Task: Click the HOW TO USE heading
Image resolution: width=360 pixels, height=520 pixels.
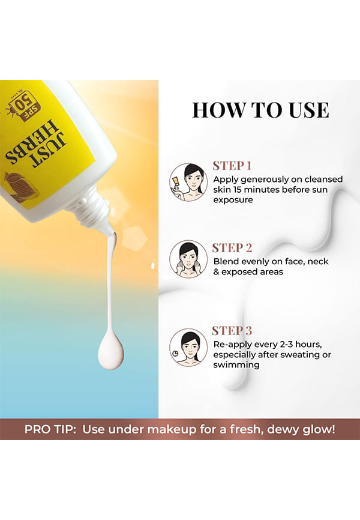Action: click(260, 110)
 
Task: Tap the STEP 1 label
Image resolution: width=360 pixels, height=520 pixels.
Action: click(232, 166)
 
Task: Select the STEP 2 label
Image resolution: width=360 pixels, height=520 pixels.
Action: click(232, 248)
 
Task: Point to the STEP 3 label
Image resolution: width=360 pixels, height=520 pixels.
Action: click(232, 331)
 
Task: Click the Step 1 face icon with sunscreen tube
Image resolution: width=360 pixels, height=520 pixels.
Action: click(188, 182)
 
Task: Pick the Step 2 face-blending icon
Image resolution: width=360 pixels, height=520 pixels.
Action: click(188, 259)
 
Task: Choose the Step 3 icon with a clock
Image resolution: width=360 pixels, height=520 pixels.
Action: click(188, 348)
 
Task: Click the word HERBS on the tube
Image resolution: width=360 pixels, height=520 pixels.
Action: click(31, 144)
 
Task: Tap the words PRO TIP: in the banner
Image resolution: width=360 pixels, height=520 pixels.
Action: click(50, 429)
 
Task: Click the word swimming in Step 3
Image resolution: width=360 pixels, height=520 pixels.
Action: click(236, 365)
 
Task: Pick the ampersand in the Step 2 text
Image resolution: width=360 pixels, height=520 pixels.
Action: click(216, 272)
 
